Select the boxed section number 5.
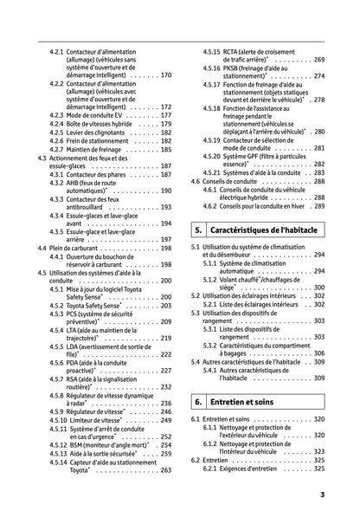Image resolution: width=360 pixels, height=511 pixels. [198, 231]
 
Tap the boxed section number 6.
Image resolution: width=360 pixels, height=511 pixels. [198, 403]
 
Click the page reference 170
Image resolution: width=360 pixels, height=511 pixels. [166, 75]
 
